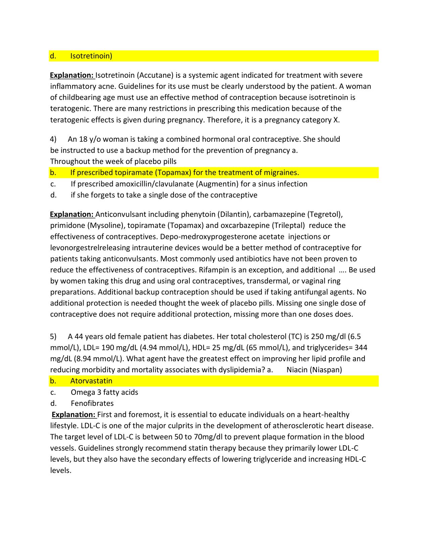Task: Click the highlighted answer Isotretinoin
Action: click(x=91, y=56)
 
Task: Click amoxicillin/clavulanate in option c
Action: click(x=154, y=184)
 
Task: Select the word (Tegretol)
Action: click(x=325, y=214)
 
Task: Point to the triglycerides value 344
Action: click(x=361, y=348)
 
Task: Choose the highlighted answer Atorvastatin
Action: click(x=91, y=381)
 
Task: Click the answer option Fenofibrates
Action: click(x=92, y=403)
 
